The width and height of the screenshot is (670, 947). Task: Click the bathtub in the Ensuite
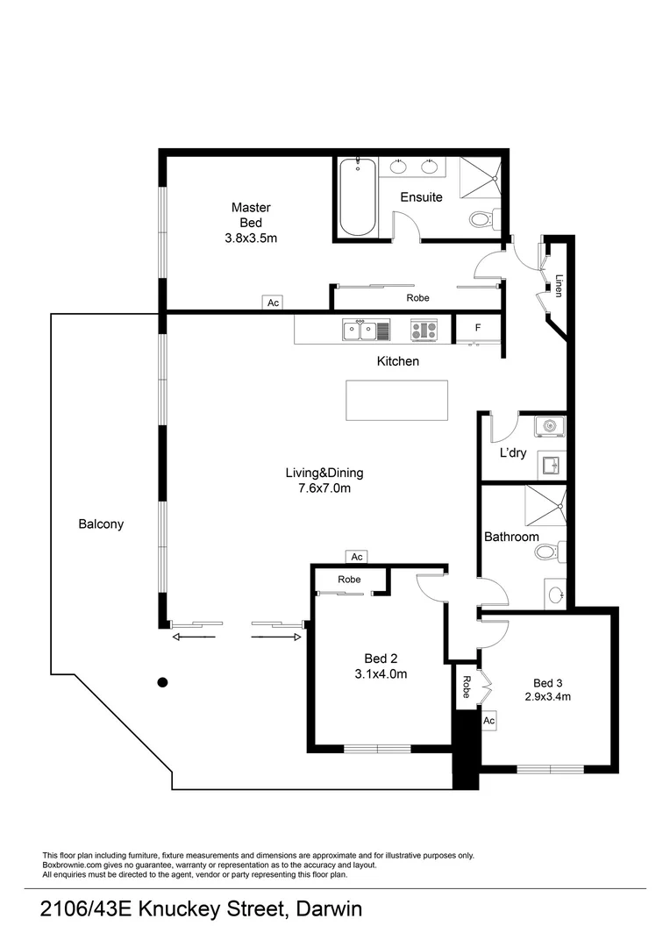357,196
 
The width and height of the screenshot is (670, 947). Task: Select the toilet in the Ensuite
483,218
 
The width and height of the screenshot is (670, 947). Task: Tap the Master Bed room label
251,223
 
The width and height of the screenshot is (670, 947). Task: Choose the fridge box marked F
477,328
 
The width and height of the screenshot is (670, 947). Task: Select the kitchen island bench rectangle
397,400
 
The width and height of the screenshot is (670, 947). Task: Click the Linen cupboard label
559,286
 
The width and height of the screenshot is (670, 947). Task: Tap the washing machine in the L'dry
550,426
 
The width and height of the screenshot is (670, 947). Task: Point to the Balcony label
101,524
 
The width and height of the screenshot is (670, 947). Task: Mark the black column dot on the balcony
162,681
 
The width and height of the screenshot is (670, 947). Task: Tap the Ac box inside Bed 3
489,720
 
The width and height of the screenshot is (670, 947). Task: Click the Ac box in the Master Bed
273,303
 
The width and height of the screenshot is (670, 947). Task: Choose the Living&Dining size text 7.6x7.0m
324,488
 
